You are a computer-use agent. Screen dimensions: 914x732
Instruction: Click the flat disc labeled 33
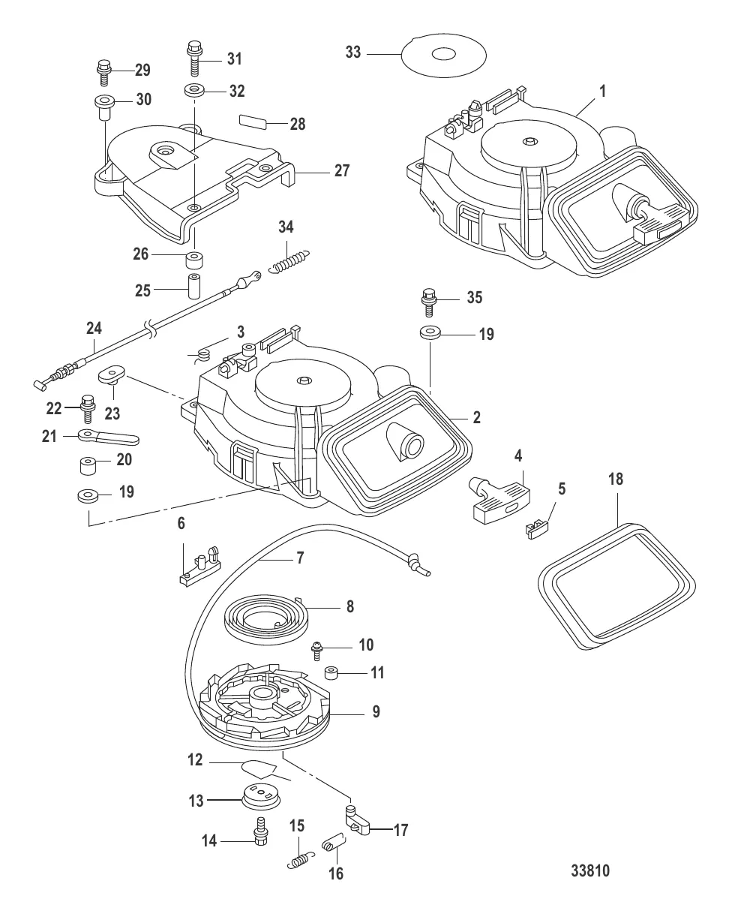442,55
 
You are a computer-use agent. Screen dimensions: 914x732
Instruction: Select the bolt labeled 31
193,56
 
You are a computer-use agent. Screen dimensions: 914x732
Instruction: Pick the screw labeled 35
430,301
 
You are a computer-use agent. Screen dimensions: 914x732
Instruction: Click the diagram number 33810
589,872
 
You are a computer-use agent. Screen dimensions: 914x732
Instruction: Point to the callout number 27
342,171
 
